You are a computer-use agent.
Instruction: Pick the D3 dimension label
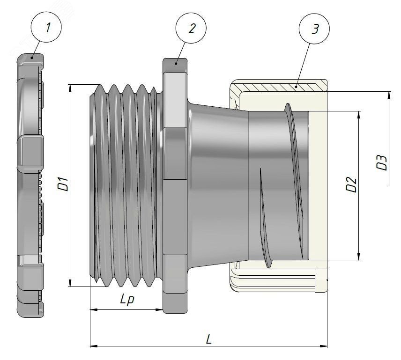pyautogui.click(x=382, y=162)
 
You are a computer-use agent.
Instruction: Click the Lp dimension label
pyautogui.click(x=127, y=300)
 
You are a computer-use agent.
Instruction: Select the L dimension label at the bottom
pyautogui.click(x=208, y=338)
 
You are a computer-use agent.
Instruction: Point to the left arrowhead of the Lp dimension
pyautogui.click(x=93, y=309)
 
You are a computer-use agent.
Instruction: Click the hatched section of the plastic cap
pyautogui.click(x=276, y=87)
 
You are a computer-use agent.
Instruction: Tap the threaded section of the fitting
pyautogui.click(x=126, y=185)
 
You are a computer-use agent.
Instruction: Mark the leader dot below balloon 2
pyautogui.click(x=177, y=62)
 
